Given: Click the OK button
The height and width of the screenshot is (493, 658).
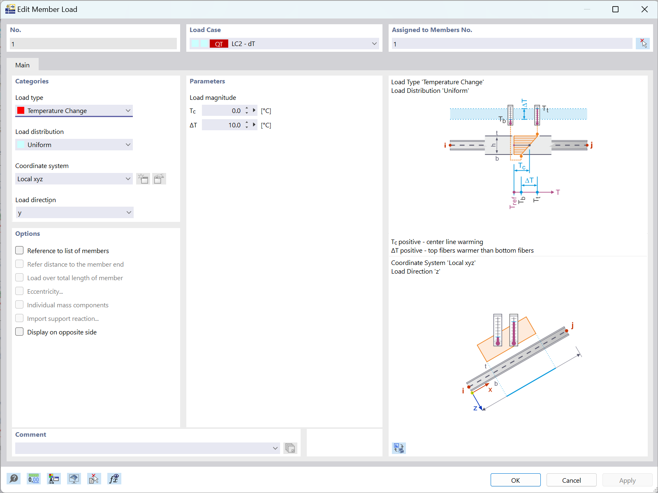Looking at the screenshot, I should pyautogui.click(x=515, y=480).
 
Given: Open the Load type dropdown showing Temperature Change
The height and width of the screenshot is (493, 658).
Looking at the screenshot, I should pyautogui.click(x=74, y=111).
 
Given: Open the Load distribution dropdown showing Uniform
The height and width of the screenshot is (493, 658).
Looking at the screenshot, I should pyautogui.click(x=74, y=145).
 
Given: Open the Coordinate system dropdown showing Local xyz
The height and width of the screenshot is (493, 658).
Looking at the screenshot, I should pyautogui.click(x=74, y=179).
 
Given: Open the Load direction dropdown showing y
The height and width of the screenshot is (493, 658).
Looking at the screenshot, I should pyautogui.click(x=74, y=213).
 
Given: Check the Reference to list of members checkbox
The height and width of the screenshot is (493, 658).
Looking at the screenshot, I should pyautogui.click(x=19, y=251).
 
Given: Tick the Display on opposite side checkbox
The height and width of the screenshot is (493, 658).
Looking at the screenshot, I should pyautogui.click(x=19, y=332).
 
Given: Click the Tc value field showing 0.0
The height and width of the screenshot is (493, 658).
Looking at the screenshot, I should pyautogui.click(x=222, y=111).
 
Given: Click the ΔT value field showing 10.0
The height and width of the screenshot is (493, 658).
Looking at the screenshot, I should pyautogui.click(x=222, y=125).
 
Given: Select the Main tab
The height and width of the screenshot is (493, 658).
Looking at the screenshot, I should pyautogui.click(x=22, y=65).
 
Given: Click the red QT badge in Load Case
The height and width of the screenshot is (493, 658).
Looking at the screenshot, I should pyautogui.click(x=219, y=44).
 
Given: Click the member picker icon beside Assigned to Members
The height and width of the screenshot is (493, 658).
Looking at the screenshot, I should pyautogui.click(x=642, y=43).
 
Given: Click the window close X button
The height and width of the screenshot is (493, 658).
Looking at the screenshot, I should pyautogui.click(x=644, y=9).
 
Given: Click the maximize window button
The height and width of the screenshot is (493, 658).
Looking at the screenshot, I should pyautogui.click(x=615, y=9).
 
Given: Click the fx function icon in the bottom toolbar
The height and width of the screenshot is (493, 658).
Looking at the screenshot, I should pyautogui.click(x=114, y=479).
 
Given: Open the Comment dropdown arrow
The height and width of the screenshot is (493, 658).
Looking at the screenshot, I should pyautogui.click(x=275, y=448).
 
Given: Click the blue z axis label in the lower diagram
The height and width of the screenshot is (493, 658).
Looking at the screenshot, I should pyautogui.click(x=475, y=408).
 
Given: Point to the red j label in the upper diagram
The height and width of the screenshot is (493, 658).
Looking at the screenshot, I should pyautogui.click(x=591, y=145).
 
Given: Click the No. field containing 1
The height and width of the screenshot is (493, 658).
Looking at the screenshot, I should pyautogui.click(x=93, y=44).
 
